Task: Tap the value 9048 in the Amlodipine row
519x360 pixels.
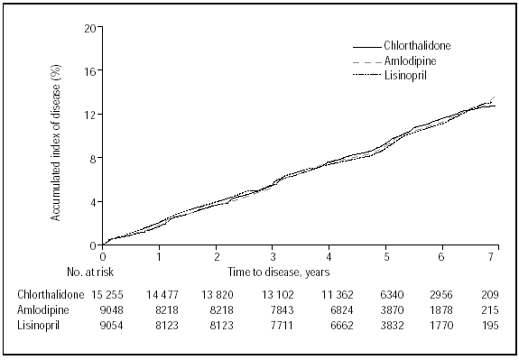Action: [104, 309]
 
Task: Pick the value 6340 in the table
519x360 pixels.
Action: [385, 294]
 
